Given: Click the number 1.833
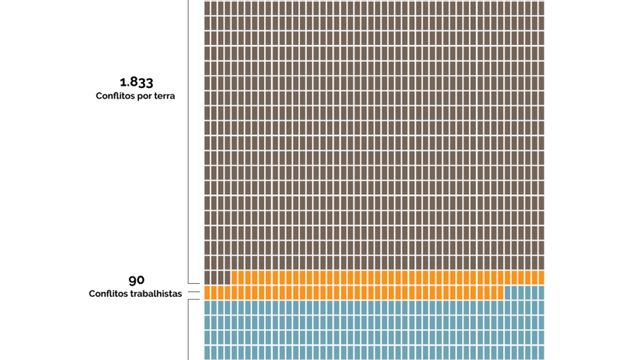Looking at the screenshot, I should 136,82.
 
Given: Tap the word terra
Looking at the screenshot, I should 163,96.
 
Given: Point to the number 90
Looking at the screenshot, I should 136,280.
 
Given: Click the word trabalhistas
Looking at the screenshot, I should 157,294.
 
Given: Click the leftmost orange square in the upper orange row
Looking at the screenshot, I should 235,278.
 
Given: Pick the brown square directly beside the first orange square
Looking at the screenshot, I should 226,278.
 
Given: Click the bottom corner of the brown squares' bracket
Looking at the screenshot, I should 189,283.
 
